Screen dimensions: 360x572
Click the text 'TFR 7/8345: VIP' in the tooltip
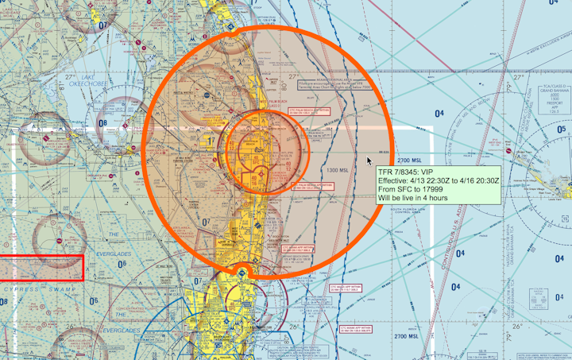[x=406, y=172]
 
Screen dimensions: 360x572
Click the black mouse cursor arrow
[x=369, y=161]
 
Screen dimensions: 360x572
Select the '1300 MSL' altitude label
[x=337, y=170]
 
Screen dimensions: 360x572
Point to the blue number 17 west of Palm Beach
[x=211, y=141]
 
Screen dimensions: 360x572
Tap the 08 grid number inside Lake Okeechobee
[x=101, y=123]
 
